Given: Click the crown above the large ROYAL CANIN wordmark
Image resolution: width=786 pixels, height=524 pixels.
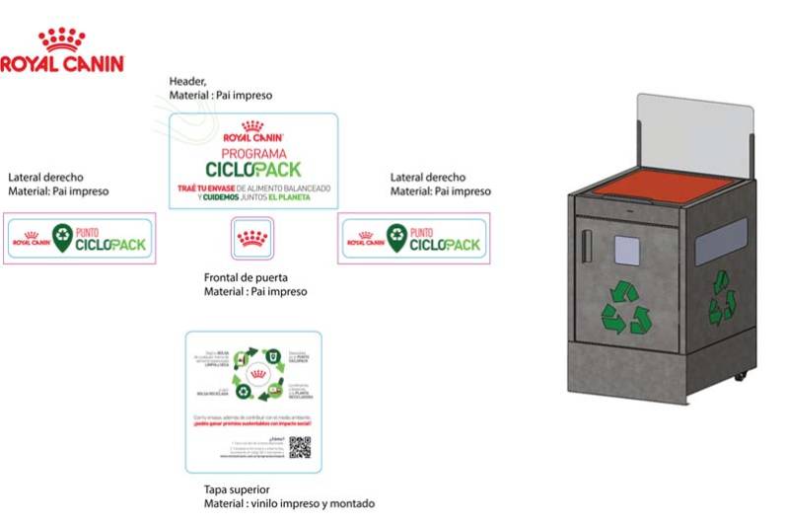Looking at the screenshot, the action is coord(61,39).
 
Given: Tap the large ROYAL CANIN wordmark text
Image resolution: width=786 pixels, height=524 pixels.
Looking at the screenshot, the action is coord(61,64).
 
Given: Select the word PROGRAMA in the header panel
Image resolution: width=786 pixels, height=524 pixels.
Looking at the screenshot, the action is coord(252,154).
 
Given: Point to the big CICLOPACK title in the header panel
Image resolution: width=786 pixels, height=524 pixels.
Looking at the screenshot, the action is coord(252,170).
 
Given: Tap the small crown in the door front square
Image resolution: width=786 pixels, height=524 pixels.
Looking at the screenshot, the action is coord(252,238).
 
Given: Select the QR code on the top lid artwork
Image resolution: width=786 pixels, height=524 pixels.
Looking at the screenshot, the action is coord(300,446).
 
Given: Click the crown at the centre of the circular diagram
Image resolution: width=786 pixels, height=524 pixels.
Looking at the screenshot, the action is coord(254,376).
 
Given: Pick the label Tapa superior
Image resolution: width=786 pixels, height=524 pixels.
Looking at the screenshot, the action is coord(237,489).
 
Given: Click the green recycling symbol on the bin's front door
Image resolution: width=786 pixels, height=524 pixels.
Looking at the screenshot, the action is coord(626,305).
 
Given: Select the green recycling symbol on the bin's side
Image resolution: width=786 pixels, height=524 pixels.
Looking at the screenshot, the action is coord(721,296).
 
